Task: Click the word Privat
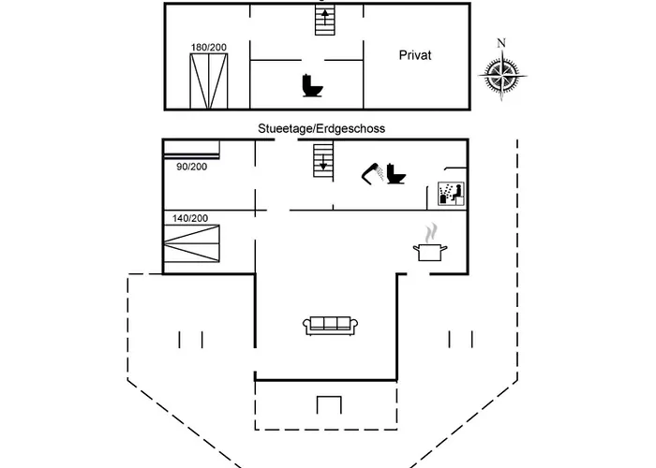pos(413,56)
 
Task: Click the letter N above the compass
pos(501,42)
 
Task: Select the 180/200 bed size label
pos(208,47)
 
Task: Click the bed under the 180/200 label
pos(208,81)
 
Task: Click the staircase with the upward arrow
pos(324,19)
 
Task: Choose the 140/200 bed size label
pos(190,218)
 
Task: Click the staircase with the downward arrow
pos(323,160)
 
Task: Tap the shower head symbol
pos(371,171)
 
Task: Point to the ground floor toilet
pos(395,174)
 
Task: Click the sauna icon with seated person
pos(451,192)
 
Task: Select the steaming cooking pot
pos(430,251)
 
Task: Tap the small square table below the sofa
pos(329,404)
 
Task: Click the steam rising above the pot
pos(430,232)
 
